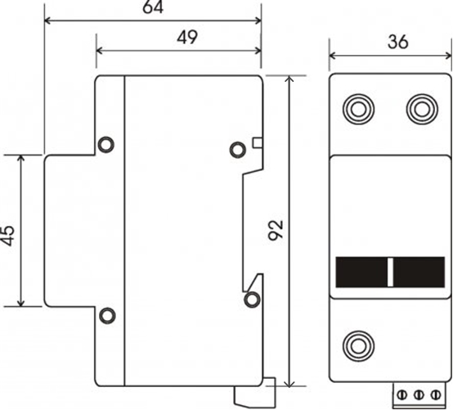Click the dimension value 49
click(x=187, y=37)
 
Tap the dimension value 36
click(x=398, y=42)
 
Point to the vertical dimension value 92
click(x=276, y=230)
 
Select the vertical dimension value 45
click(x=7, y=236)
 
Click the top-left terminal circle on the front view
click(x=358, y=110)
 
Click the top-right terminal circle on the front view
click(x=422, y=110)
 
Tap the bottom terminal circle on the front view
click(x=358, y=346)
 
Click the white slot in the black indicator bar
click(x=390, y=272)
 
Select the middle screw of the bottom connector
click(x=419, y=394)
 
